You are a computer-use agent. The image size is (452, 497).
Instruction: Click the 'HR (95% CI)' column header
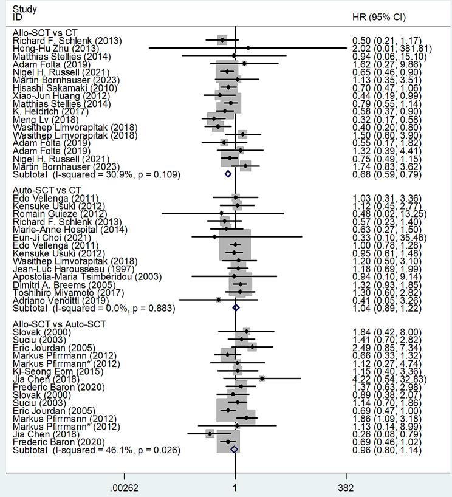pyautogui.click(x=379, y=17)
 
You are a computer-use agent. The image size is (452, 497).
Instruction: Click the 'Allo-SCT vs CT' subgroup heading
pyautogui.click(x=44, y=33)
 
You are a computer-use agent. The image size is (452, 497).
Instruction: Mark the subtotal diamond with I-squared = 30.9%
pyautogui.click(x=228, y=174)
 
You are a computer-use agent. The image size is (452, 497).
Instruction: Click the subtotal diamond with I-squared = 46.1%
pyautogui.click(x=234, y=450)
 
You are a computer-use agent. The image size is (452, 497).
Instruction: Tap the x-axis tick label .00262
pyautogui.click(x=125, y=488)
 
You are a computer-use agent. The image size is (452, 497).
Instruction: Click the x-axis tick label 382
pyautogui.click(x=346, y=488)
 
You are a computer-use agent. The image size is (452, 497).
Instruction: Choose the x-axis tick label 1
pyautogui.click(x=235, y=488)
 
